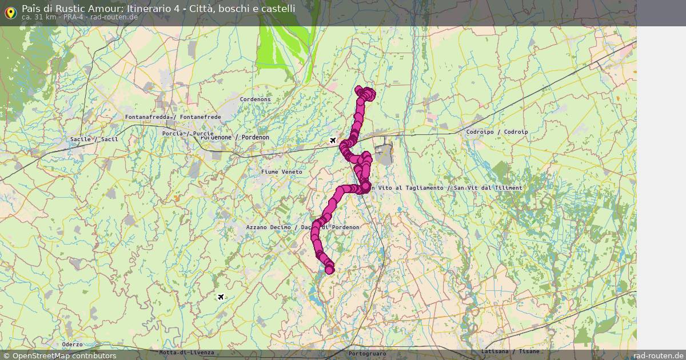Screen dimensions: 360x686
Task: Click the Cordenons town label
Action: pyautogui.click(x=255, y=99)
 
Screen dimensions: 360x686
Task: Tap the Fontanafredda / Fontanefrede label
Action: pyautogui.click(x=173, y=117)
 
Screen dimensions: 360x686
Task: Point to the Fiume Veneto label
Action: pyautogui.click(x=281, y=172)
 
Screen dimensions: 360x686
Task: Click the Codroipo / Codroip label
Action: pyautogui.click(x=497, y=132)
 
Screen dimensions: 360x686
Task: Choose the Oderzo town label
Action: pyautogui.click(x=73, y=345)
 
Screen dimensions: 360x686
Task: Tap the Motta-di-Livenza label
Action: pyautogui.click(x=186, y=353)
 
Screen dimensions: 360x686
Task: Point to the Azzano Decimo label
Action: pyautogui.click(x=269, y=227)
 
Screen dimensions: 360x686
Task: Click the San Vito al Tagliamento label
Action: pyautogui.click(x=407, y=188)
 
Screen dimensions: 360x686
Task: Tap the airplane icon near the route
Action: pyautogui.click(x=333, y=140)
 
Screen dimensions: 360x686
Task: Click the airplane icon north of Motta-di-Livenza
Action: pyautogui.click(x=221, y=297)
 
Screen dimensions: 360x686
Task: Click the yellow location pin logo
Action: pyautogui.click(x=10, y=12)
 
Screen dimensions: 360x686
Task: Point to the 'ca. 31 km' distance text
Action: pyautogui.click(x=38, y=17)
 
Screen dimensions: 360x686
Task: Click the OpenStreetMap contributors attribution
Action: pyautogui.click(x=59, y=355)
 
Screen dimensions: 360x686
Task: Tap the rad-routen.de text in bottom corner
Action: pyautogui.click(x=659, y=355)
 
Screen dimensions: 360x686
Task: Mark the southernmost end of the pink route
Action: pyautogui.click(x=329, y=270)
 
